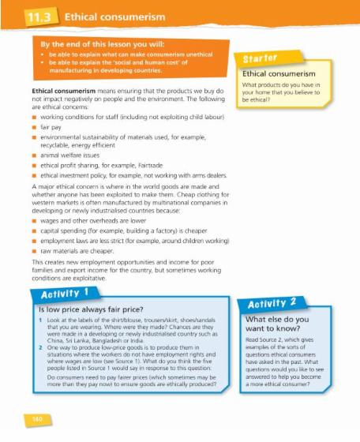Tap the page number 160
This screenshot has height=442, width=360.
[x=27, y=414]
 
